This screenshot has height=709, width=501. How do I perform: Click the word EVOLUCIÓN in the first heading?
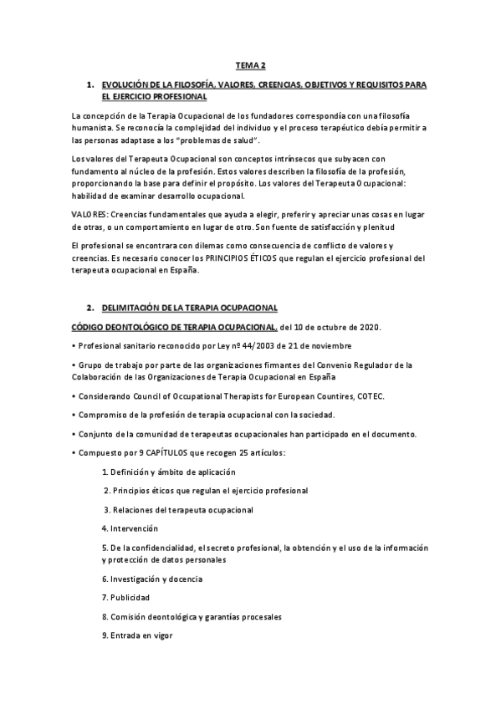point(125,85)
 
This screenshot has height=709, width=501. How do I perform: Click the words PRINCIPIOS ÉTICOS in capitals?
point(274,258)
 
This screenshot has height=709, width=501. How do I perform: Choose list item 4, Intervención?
point(135,528)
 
